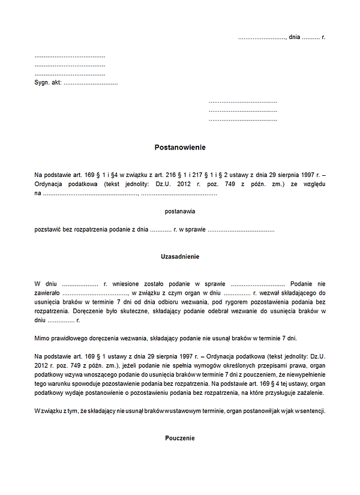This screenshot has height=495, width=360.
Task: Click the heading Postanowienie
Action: (180, 147)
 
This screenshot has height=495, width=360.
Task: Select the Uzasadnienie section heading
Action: (180, 256)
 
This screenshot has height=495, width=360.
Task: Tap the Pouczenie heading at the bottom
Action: (180, 438)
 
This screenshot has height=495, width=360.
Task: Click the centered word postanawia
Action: (180, 211)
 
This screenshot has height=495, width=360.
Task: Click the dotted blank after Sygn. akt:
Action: (91, 83)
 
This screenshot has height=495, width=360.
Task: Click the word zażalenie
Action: (310, 392)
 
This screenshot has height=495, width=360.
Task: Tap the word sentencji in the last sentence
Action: (311, 411)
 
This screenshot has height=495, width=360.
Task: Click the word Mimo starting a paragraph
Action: (42, 338)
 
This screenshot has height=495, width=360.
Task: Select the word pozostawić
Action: (49, 229)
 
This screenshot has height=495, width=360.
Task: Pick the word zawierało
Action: (48, 293)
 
